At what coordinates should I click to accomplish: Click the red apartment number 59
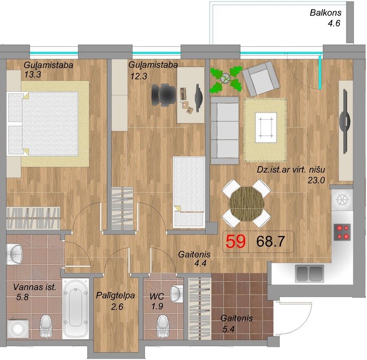[236, 241]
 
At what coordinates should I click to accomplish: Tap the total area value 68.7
[270, 241]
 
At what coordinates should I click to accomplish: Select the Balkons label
[326, 13]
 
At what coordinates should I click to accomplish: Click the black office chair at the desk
[163, 95]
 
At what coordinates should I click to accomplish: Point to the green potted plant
[226, 79]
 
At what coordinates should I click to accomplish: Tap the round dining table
[247, 204]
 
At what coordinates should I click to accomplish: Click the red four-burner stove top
[342, 232]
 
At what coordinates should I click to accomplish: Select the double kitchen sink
[310, 273]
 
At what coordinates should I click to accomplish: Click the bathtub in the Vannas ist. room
[76, 309]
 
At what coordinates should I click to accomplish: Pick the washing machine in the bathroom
[18, 329]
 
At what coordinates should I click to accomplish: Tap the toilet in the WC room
[163, 326]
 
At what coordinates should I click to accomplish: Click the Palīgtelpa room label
[115, 295]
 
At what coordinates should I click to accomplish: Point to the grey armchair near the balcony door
[260, 79]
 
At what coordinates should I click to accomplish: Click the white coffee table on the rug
[266, 127]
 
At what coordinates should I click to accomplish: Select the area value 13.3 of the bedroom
[33, 74]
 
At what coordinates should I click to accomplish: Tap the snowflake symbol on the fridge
[342, 200]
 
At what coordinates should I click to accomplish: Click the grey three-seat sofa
[225, 131]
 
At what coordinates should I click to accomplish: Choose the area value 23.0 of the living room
[316, 180]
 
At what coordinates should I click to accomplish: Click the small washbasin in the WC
[177, 294]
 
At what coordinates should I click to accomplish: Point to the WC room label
[157, 297]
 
